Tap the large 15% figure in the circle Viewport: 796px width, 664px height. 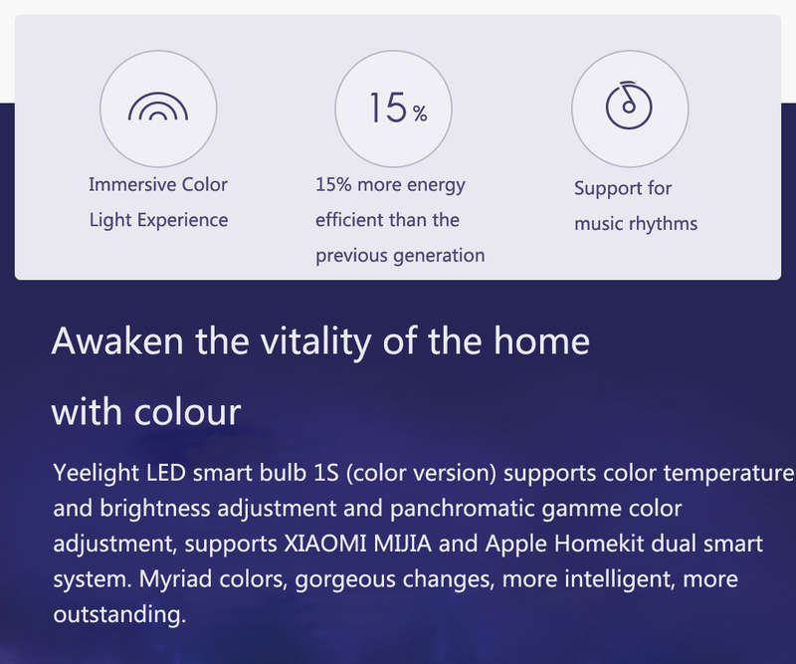pyautogui.click(x=399, y=108)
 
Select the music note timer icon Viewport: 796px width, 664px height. pyautogui.click(x=629, y=106)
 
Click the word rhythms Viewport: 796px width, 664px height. pyautogui.click(x=664, y=224)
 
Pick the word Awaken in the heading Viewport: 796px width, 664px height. pyautogui.click(x=117, y=340)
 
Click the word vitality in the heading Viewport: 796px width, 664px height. pyautogui.click(x=315, y=341)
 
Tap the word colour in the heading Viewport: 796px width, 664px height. pyautogui.click(x=187, y=411)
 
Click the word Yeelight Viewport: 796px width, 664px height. pyautogui.click(x=96, y=474)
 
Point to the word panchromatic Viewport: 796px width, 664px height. pyautogui.click(x=462, y=509)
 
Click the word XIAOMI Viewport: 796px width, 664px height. pyautogui.click(x=325, y=544)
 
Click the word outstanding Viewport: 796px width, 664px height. pyautogui.click(x=119, y=614)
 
